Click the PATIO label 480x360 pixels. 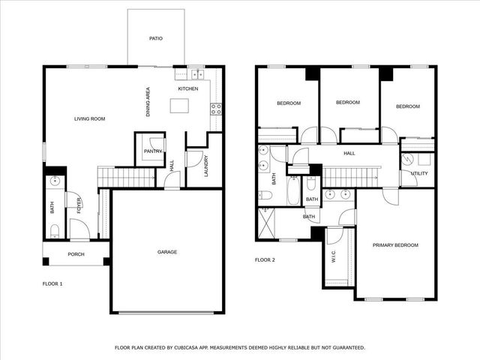(x=155, y=38)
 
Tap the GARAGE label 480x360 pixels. (x=167, y=252)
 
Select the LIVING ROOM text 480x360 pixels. (x=89, y=119)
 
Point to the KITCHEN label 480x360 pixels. (x=187, y=89)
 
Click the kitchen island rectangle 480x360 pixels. (x=178, y=106)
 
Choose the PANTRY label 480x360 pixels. (x=153, y=151)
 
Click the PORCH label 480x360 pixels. (x=76, y=254)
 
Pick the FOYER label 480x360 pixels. (x=79, y=204)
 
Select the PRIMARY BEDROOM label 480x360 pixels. (x=395, y=245)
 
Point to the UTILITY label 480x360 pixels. (x=418, y=173)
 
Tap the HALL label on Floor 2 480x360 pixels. (x=349, y=154)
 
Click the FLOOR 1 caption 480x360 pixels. (x=52, y=284)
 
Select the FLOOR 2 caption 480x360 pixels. (x=265, y=260)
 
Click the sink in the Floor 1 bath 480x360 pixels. (x=55, y=181)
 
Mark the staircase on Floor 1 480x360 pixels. (x=115, y=177)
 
